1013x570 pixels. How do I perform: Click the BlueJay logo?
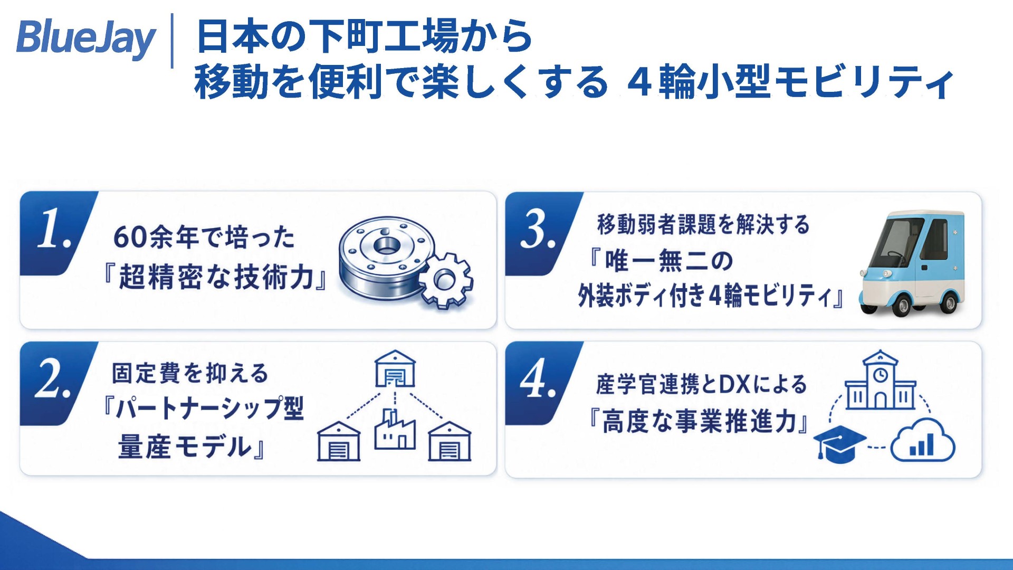pyautogui.click(x=86, y=39)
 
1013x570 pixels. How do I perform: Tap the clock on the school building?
pyautogui.click(x=880, y=375)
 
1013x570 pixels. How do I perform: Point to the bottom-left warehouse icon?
pyautogui.click(x=339, y=441)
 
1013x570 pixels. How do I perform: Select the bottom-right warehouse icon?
pyautogui.click(x=450, y=441)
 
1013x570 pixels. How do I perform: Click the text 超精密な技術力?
pyautogui.click(x=216, y=277)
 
